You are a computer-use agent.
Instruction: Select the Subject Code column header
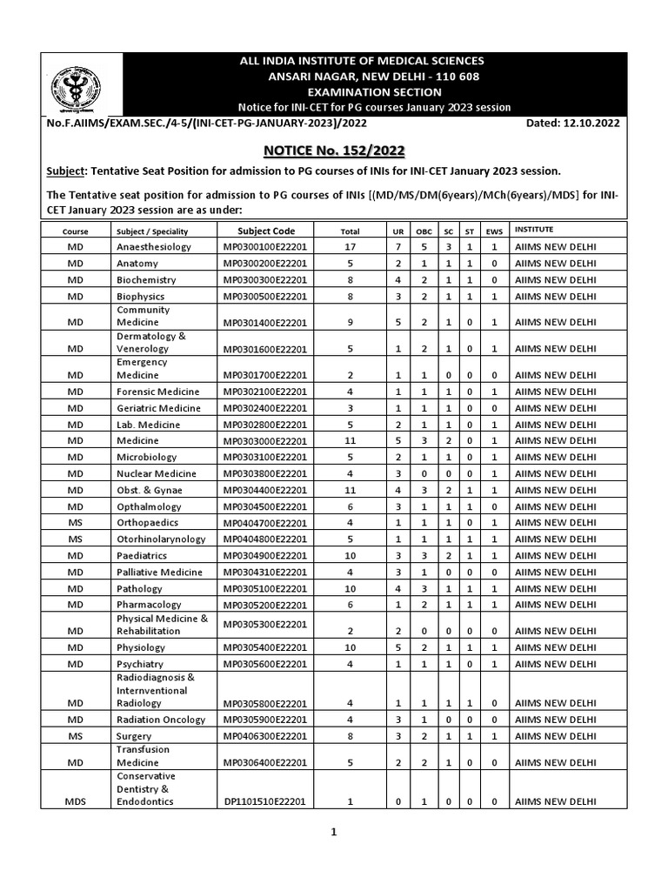click(266, 231)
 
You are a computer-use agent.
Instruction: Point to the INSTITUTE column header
click(533, 230)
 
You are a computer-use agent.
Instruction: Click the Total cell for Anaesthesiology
click(350, 247)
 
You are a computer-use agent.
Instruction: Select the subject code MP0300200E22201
click(265, 264)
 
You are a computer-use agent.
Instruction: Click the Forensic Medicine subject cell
click(157, 392)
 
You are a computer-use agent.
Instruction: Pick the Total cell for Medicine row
click(350, 441)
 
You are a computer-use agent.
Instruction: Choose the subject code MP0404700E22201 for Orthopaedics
click(265, 523)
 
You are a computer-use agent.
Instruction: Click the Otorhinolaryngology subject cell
click(161, 539)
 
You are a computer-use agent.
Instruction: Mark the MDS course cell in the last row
click(75, 801)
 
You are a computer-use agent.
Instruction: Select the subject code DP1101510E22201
click(264, 801)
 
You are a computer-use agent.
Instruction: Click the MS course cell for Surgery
click(75, 736)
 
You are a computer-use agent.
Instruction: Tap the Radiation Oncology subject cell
click(161, 720)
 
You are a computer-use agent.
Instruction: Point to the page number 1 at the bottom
click(332, 832)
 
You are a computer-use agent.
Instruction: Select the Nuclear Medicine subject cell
click(157, 473)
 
